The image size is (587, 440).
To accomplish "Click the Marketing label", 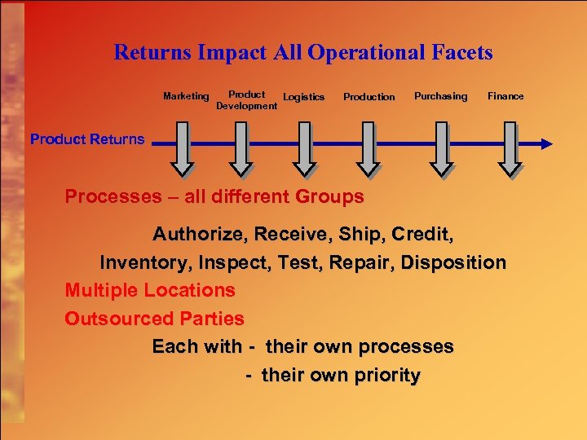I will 186,96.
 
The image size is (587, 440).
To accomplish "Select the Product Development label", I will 246,100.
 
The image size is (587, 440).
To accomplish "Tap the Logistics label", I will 303,97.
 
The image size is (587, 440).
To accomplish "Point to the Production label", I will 369,97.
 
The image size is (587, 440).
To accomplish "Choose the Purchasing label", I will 440,96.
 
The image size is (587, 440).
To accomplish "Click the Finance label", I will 505,96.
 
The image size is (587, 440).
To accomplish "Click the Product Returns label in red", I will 87,139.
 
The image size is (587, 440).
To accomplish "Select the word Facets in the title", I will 461,53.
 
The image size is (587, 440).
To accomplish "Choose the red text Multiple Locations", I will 150,290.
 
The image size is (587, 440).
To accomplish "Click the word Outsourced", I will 109,319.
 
